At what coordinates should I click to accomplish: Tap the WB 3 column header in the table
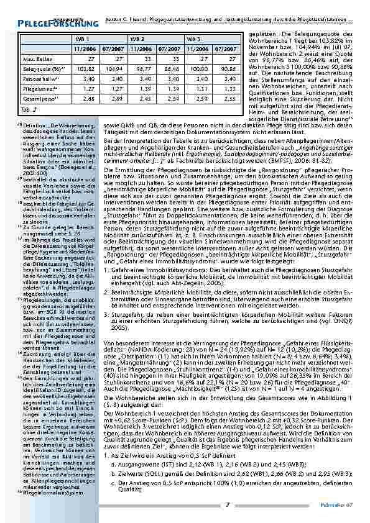click(193, 39)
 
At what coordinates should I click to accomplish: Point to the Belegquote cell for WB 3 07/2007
click(229, 69)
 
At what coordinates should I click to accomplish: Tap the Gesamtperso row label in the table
click(38, 99)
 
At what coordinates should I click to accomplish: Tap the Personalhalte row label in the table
click(37, 79)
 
